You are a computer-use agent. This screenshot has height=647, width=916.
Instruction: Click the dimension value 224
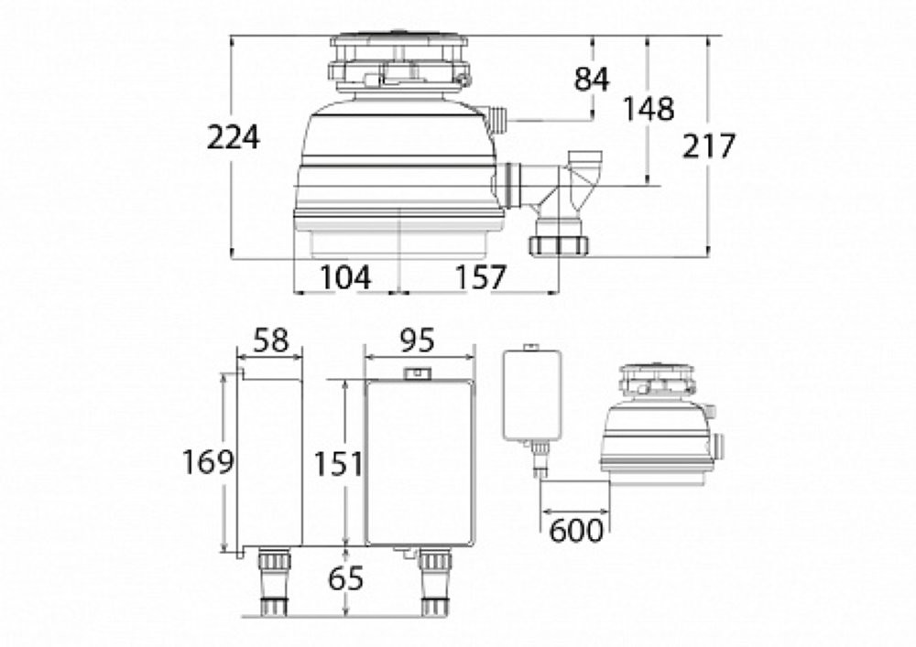233,138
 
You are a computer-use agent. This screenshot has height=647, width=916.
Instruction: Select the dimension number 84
591,79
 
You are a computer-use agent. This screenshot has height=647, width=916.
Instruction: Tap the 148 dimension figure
648,109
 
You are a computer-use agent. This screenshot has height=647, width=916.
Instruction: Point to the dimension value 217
708,146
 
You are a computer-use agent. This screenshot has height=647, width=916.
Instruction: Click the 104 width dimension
345,277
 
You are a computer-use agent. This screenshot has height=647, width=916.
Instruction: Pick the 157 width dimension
480,277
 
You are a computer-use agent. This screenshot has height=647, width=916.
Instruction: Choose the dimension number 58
272,340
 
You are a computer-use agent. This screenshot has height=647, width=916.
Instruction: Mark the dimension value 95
417,340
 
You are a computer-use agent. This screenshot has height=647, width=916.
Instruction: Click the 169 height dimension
208,461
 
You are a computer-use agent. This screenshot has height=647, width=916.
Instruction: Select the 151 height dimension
338,464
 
